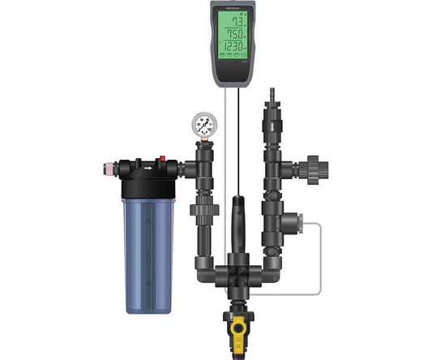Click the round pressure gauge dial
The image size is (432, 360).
click(206, 124)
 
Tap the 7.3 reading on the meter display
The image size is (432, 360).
click(237, 22)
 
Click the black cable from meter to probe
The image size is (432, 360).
click(240, 138)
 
